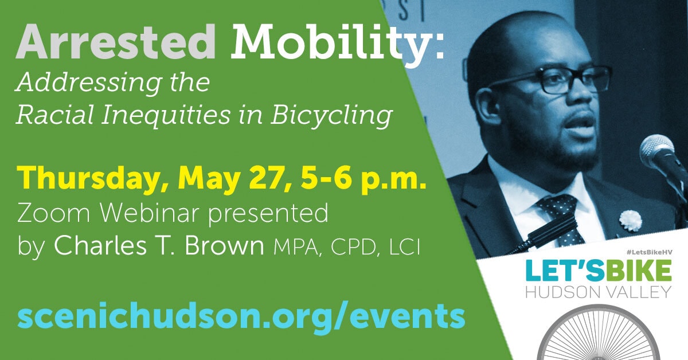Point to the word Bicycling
point(331,117)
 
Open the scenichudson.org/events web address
point(241,317)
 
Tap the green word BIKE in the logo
point(639,271)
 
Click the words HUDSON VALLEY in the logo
point(599,292)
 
